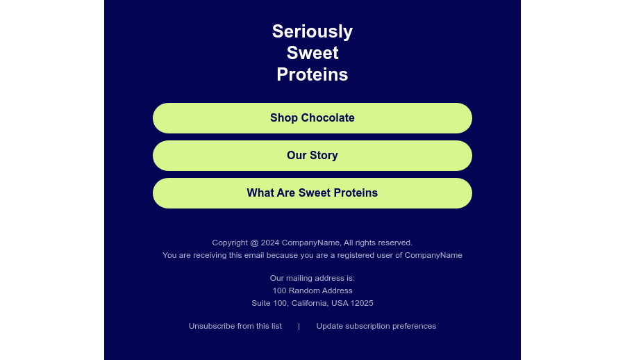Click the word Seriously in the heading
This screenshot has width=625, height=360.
click(x=312, y=31)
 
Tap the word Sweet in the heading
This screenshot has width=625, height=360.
click(x=312, y=53)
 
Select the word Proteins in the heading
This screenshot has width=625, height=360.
click(x=312, y=74)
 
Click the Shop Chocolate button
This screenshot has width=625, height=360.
click(x=312, y=118)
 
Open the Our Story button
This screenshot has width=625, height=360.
click(x=312, y=156)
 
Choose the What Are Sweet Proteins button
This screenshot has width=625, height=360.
click(x=312, y=193)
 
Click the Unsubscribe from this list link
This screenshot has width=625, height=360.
click(x=235, y=326)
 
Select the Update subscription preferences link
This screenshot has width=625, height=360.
click(x=376, y=326)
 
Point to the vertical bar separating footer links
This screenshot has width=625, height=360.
click(x=299, y=327)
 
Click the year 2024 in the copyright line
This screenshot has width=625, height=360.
click(x=270, y=243)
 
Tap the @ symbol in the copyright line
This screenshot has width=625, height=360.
click(x=254, y=243)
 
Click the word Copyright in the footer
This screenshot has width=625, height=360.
click(x=230, y=243)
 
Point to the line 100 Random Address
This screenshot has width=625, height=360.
click(x=312, y=291)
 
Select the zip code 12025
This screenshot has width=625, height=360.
click(x=362, y=303)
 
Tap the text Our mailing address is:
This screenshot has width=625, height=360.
click(x=312, y=278)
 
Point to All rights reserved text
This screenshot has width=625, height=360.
click(x=378, y=243)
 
